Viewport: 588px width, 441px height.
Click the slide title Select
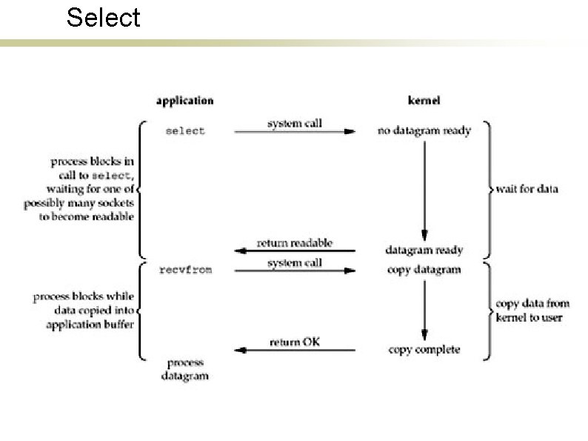pyautogui.click(x=103, y=17)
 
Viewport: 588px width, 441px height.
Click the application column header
pyautogui.click(x=185, y=100)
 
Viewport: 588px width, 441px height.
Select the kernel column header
pyautogui.click(x=424, y=100)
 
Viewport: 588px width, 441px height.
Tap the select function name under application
pyautogui.click(x=185, y=131)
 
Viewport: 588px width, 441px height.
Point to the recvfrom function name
pyautogui.click(x=185, y=270)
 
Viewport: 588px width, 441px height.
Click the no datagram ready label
pyautogui.click(x=424, y=131)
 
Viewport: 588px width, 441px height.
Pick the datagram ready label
pyautogui.click(x=424, y=250)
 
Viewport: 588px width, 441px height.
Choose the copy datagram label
pyautogui.click(x=424, y=270)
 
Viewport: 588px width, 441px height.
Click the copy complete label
pyautogui.click(x=424, y=350)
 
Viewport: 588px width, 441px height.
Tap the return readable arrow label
pyautogui.click(x=295, y=243)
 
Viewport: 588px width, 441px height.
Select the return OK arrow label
pyautogui.click(x=295, y=342)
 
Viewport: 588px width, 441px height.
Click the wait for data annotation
pyautogui.click(x=527, y=189)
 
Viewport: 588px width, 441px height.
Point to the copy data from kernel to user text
pyautogui.click(x=529, y=311)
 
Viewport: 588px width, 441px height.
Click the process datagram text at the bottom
pyautogui.click(x=185, y=370)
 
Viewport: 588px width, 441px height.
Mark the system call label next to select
pyautogui.click(x=295, y=123)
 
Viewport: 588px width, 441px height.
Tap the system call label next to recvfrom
pyautogui.click(x=295, y=262)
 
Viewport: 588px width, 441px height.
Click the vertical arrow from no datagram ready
pyautogui.click(x=424, y=189)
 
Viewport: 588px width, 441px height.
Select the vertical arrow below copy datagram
pyautogui.click(x=424, y=310)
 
